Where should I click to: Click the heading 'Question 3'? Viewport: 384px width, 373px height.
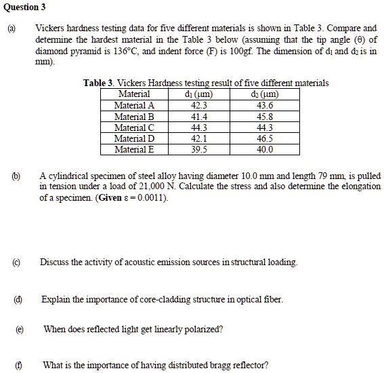[24, 7]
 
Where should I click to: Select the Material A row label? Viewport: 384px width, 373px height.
[134, 106]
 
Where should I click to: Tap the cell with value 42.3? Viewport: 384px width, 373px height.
[200, 106]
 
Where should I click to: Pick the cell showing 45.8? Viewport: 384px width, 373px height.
[265, 117]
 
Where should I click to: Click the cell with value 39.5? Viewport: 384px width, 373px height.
[200, 149]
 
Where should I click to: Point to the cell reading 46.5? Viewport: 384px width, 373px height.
[265, 138]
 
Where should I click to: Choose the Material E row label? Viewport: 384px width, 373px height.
[134, 149]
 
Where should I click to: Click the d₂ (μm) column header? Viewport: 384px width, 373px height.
[265, 94]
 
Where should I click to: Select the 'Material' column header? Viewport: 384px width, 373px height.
[134, 94]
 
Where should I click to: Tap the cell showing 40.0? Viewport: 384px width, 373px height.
[265, 149]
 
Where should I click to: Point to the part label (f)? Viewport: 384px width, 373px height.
[16, 365]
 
